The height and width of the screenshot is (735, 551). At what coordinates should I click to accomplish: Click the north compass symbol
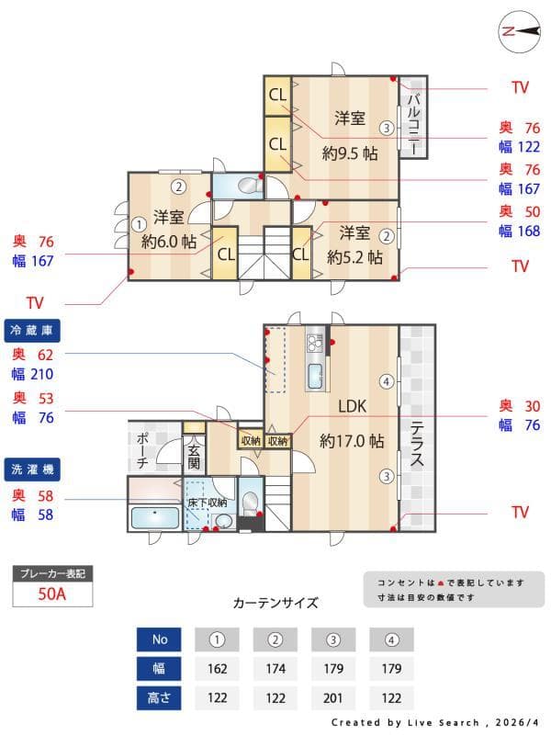[x=520, y=30]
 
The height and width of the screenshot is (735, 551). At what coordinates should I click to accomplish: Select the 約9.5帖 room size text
[x=350, y=153]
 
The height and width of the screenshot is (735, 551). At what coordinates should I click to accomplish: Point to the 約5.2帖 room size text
[x=354, y=258]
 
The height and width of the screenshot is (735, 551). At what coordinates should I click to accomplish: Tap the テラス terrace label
[x=416, y=445]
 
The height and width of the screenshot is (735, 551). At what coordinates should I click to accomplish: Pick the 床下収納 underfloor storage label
[x=207, y=503]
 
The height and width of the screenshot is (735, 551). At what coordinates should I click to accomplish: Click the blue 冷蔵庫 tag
[x=32, y=330]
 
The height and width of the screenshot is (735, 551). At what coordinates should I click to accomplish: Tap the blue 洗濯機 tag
[x=32, y=469]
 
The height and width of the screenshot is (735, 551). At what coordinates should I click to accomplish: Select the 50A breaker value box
[x=52, y=594]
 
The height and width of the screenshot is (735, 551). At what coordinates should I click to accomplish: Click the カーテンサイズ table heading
[x=275, y=603]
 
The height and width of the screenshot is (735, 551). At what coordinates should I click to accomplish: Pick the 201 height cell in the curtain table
[x=334, y=697]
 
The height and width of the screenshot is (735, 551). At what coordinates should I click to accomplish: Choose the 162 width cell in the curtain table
[x=218, y=668]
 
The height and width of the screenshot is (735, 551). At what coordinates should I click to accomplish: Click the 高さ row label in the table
[x=159, y=697]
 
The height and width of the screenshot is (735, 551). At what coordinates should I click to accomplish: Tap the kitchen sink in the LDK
[x=315, y=377]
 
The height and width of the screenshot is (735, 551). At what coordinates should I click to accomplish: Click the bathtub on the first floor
[x=154, y=517]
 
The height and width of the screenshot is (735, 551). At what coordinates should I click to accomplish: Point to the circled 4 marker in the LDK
[x=388, y=380]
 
